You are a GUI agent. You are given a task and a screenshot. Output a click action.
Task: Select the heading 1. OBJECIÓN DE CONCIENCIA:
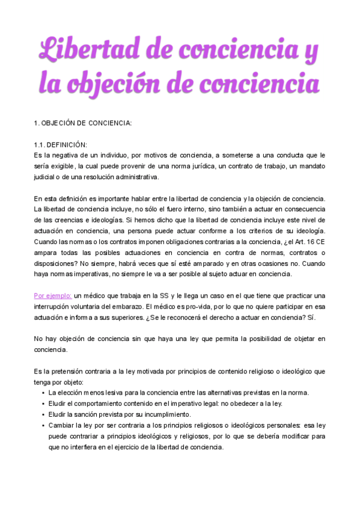82,123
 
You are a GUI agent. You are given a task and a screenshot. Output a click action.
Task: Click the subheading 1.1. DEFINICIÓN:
61,145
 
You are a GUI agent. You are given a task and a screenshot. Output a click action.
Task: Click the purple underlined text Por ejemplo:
53,295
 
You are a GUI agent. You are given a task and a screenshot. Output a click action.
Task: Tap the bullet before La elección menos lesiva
44,393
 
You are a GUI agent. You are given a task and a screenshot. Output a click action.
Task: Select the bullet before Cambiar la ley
44,425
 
